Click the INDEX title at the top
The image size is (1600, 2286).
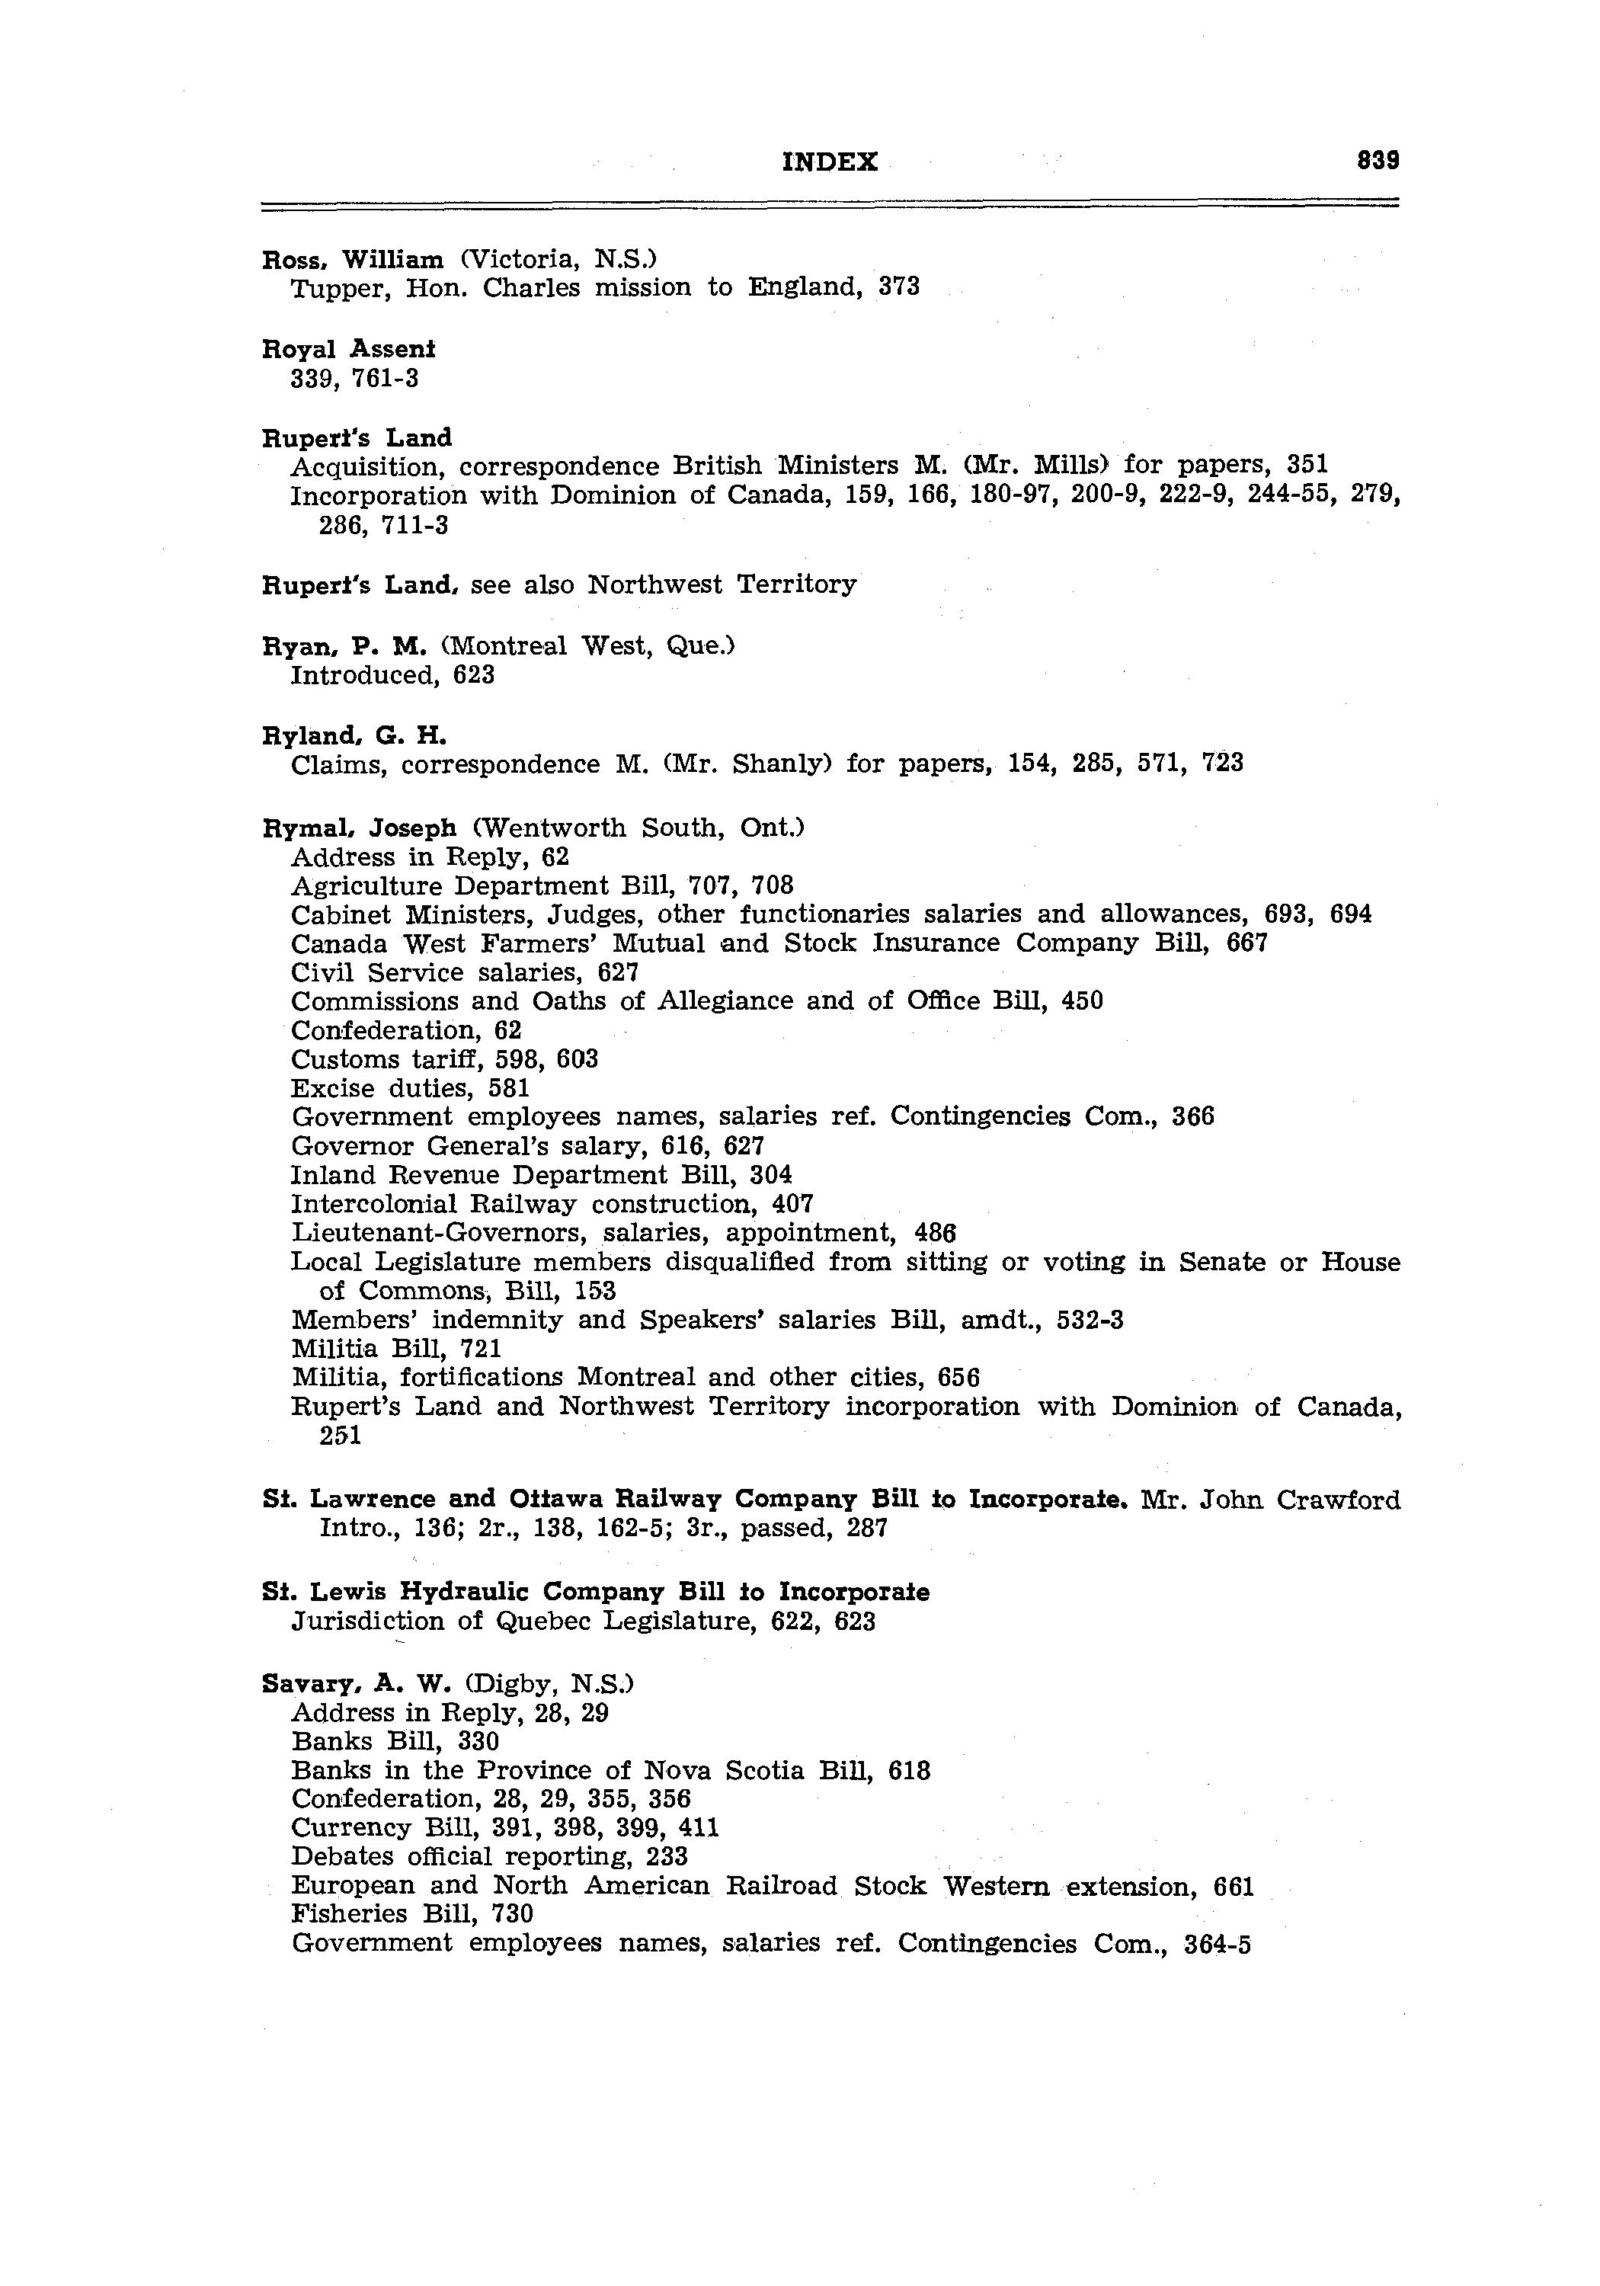830,162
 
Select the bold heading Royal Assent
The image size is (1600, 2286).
348,350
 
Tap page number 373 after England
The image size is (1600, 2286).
899,288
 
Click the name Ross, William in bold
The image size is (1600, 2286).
353,260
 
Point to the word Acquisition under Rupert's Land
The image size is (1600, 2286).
366,466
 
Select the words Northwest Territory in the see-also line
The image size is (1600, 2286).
721,584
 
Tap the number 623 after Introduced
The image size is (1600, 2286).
473,676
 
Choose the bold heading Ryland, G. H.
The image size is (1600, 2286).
354,736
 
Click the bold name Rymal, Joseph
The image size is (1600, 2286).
358,828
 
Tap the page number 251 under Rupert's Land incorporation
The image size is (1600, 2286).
340,1436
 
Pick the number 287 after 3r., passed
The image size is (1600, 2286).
866,1529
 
